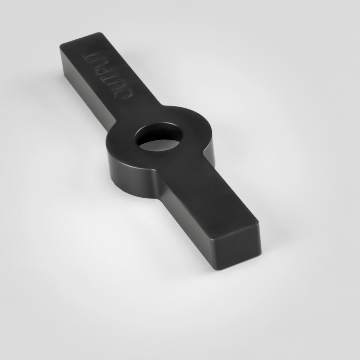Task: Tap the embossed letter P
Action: [104, 71]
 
